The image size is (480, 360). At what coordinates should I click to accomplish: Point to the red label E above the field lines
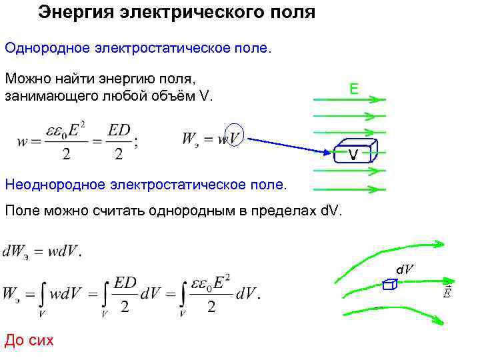point(354,89)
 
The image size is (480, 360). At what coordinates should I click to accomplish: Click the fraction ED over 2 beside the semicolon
point(119,142)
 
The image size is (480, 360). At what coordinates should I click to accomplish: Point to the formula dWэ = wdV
point(42,253)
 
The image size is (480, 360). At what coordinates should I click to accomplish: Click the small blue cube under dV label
point(391,285)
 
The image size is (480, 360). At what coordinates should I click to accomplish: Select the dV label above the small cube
point(404,269)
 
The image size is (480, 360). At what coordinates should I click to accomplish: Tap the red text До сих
point(29,341)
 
